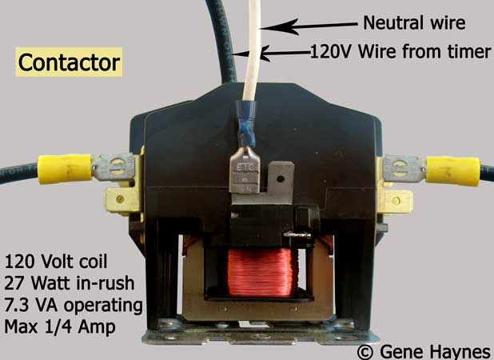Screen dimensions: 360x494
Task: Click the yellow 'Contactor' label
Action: (x=70, y=62)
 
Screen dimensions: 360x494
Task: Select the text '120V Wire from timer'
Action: (x=400, y=53)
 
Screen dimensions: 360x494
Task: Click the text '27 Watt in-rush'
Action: (x=64, y=284)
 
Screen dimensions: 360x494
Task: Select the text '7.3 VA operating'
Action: (x=74, y=306)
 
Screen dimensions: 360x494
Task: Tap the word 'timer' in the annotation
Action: (x=468, y=53)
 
